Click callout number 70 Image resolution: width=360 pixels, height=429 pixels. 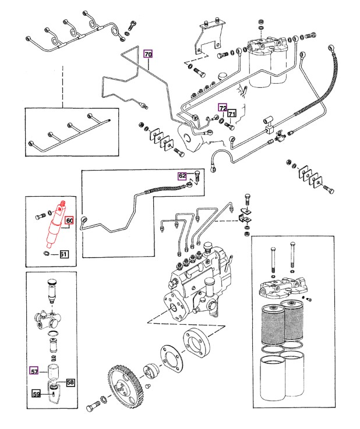148,54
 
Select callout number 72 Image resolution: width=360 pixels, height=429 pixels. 223,108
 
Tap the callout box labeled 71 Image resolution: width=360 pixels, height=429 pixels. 231,114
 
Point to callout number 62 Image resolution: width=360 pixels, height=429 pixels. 182,175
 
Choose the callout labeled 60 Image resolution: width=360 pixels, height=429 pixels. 69,221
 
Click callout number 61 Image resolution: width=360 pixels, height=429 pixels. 63,254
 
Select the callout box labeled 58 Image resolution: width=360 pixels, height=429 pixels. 70,382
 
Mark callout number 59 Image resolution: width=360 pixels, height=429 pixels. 36,394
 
